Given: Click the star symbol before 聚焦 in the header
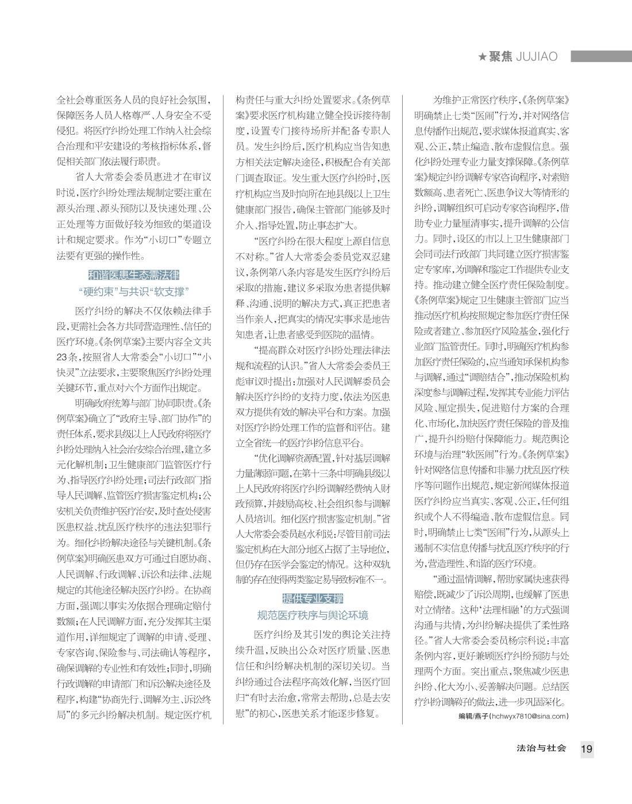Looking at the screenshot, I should pos(483,56).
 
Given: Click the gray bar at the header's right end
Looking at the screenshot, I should pos(600,56).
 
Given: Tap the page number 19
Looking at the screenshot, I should pos(587,749).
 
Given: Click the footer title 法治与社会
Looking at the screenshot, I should pos(541,748).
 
